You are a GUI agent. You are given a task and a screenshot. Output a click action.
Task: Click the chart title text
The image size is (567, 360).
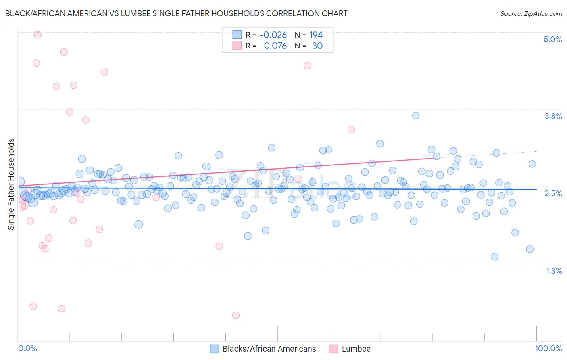click(176, 14)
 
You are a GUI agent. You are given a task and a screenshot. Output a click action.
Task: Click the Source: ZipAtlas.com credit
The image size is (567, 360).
click(531, 14)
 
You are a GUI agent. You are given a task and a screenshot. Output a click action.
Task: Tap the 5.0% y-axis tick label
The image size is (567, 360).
click(552, 39)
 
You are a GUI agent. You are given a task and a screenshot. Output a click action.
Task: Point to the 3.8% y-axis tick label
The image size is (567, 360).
click(553, 116)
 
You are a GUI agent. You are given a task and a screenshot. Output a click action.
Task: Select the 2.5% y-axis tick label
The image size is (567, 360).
click(553, 193)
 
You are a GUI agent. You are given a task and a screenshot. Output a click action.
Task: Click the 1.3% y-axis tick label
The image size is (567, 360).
click(554, 271)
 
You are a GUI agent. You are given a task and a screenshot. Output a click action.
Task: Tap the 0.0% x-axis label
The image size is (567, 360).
click(27, 348)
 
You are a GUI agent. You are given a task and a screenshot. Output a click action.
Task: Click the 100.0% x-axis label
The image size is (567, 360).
click(548, 348)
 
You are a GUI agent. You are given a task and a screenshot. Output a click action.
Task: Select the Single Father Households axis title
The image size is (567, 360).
click(11, 184)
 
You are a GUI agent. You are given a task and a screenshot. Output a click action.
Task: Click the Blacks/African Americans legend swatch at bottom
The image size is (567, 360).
click(215, 349)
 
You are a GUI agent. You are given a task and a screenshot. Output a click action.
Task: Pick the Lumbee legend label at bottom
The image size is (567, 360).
click(356, 349)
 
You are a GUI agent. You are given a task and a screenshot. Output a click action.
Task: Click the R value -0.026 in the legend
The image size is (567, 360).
click(273, 35)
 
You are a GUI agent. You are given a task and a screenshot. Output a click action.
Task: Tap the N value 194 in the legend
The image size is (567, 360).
click(316, 35)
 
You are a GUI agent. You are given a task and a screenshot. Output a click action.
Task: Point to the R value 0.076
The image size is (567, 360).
click(275, 46)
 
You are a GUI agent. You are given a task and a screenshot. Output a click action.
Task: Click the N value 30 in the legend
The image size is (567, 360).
click(317, 46)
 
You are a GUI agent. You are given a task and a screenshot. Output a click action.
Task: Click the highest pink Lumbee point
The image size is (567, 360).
click(38, 35)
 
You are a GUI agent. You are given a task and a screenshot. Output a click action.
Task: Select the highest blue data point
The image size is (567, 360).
click(416, 115)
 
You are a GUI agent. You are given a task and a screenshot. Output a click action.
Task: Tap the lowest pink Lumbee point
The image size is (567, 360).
click(236, 315)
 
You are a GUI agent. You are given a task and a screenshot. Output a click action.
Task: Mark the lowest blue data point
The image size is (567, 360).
click(494, 257)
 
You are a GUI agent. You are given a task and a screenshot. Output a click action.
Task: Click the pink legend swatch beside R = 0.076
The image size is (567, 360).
click(237, 46)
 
